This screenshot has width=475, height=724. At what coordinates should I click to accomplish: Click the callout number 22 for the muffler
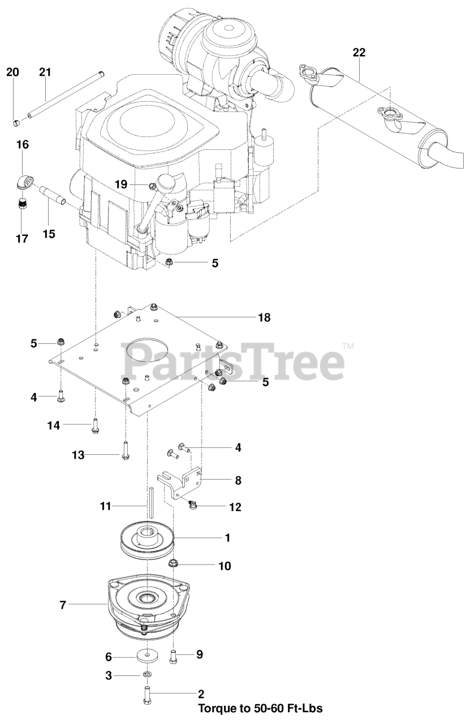click(359, 53)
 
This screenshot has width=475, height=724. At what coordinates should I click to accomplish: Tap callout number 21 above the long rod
click(45, 72)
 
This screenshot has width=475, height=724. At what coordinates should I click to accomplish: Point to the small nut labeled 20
click(16, 123)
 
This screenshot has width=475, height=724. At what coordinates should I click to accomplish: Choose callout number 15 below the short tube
click(49, 234)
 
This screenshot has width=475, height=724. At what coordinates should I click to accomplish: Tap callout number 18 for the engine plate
click(264, 318)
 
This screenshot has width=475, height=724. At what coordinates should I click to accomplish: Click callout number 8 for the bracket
click(238, 480)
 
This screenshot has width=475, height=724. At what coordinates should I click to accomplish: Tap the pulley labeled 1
click(148, 541)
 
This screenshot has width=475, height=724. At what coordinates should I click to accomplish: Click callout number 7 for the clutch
click(63, 605)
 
